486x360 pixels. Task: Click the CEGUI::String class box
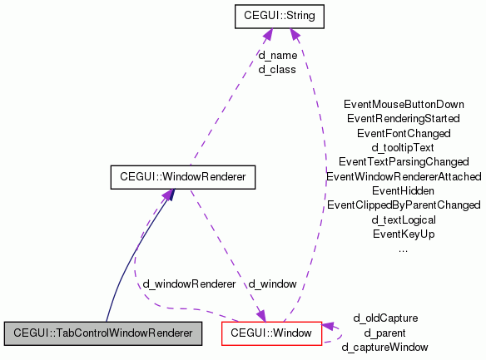(278, 15)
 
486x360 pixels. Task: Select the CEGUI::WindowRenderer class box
(182, 176)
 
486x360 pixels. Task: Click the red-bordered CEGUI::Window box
(271, 333)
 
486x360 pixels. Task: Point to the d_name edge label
(278, 56)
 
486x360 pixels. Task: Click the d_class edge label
(278, 69)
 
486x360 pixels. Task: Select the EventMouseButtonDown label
(404, 105)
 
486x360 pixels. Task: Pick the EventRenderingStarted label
(404, 119)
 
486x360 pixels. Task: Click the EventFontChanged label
(404, 133)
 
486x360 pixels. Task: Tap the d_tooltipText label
(404, 147)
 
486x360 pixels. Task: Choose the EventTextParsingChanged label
(404, 161)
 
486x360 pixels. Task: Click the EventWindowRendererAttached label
(404, 176)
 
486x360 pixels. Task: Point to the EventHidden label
(404, 190)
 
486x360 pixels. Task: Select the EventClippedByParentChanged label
(404, 205)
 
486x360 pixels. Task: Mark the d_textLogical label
(404, 219)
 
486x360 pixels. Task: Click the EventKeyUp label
(404, 234)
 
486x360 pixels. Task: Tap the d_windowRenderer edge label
(189, 284)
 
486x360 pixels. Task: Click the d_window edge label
(272, 284)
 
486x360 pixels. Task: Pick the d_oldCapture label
(385, 318)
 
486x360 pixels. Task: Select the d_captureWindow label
(385, 346)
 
